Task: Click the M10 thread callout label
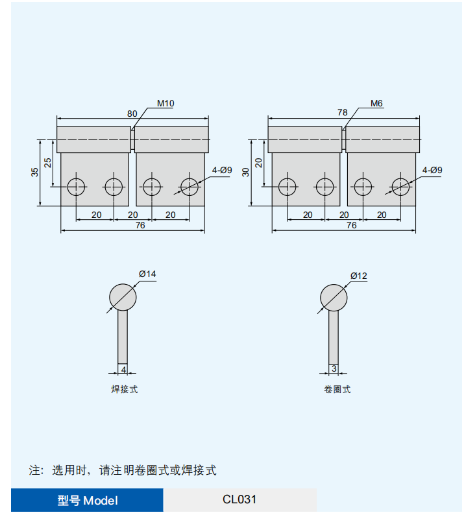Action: [166, 104]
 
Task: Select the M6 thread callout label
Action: [376, 104]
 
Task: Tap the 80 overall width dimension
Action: [132, 114]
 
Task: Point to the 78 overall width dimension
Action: [343, 113]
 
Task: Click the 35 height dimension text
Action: [35, 173]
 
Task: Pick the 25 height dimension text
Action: [48, 163]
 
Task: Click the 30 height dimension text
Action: [246, 173]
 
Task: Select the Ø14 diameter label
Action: [147, 274]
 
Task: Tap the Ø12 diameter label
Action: [358, 276]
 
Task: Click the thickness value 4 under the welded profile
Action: [123, 370]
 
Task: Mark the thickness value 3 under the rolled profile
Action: [334, 369]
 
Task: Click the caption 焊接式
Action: [124, 390]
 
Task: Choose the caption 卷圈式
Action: [337, 390]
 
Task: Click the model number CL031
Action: [239, 499]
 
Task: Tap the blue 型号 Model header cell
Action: [87, 500]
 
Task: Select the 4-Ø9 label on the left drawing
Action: [222, 170]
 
